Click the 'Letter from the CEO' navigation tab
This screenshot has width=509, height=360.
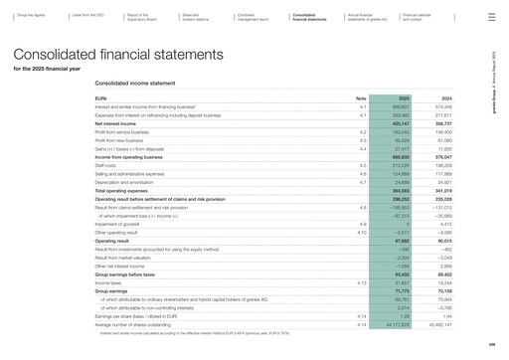[x=85, y=17]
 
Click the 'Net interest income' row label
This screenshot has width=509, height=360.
[x=117, y=123]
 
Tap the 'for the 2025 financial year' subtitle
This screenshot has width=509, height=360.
[x=47, y=69]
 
